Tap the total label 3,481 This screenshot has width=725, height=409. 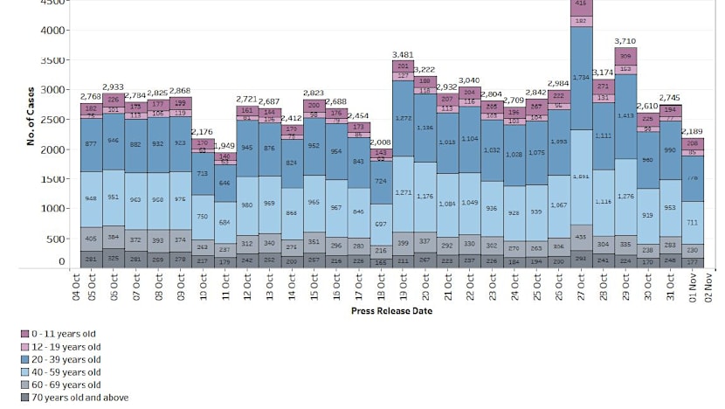[x=404, y=54]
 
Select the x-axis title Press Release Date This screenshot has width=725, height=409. [x=390, y=310]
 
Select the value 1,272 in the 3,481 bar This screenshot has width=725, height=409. [x=404, y=118]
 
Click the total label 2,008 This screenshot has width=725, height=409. [x=382, y=142]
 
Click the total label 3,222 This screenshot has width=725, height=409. [x=426, y=69]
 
